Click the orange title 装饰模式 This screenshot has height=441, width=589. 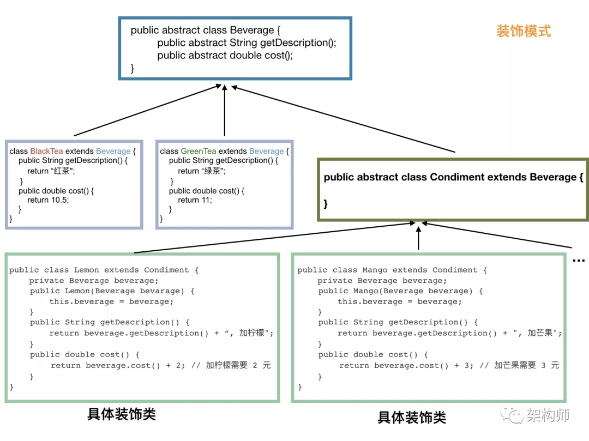[x=523, y=31]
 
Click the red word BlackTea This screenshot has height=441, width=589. [x=46, y=151]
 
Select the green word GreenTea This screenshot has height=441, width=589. [x=198, y=151]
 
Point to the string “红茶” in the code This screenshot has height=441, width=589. [x=62, y=171]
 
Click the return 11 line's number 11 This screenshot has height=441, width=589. [x=207, y=200]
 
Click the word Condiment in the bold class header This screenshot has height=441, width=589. [x=457, y=177]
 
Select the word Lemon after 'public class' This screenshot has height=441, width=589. [x=86, y=270]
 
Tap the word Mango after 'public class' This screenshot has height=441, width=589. [x=375, y=270]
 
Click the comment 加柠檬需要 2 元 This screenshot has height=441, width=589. [x=238, y=365]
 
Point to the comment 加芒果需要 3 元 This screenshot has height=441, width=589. [x=526, y=365]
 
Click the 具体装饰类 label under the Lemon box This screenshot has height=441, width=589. [x=122, y=414]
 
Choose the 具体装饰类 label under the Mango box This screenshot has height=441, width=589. [x=412, y=418]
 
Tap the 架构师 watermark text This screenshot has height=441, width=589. [x=548, y=415]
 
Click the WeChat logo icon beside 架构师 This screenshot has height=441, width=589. [x=513, y=415]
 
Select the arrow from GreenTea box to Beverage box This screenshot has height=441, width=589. [x=225, y=109]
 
